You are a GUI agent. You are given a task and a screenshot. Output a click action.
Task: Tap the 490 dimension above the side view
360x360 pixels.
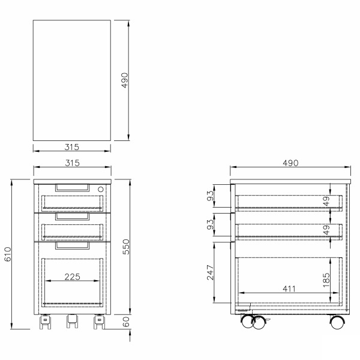[x=290, y=163]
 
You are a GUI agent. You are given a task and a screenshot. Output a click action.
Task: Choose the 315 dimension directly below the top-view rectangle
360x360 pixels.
[x=71, y=146]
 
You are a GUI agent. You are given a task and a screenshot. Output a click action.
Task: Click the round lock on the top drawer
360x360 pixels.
[x=100, y=188]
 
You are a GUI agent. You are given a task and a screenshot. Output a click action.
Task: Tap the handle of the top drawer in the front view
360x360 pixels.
[x=71, y=188]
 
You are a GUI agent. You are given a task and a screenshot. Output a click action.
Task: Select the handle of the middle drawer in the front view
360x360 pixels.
[x=71, y=217]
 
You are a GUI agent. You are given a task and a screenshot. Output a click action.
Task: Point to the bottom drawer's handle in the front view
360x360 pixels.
[x=71, y=245]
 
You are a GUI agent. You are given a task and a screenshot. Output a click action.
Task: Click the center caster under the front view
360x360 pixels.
[x=72, y=322]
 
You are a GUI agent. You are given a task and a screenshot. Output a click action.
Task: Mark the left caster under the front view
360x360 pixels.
[x=46, y=323]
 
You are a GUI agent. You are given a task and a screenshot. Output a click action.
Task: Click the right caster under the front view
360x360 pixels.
[x=98, y=323]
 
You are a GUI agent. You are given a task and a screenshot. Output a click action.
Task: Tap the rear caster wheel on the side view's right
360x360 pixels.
[x=337, y=322]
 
